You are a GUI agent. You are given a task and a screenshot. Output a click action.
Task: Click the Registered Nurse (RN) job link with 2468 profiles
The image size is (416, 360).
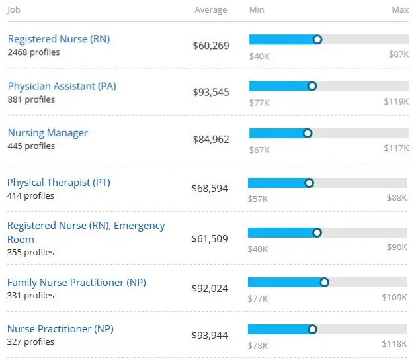pos(59,39)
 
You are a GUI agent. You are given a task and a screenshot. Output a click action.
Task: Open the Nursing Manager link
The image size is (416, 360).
pos(48,133)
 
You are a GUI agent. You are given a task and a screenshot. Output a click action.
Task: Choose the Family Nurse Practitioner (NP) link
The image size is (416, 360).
pos(76,283)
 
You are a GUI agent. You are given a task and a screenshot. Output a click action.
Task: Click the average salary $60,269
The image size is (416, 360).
pos(211,46)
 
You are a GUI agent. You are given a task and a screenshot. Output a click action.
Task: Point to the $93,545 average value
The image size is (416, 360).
pos(211,92)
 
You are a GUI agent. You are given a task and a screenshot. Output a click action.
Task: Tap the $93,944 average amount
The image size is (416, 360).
pos(210,336)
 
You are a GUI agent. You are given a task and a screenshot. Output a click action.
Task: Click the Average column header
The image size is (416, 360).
pos(210,10)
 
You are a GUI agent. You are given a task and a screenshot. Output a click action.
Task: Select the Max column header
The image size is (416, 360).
pos(399,10)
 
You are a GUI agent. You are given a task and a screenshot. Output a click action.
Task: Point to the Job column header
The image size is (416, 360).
pos(14,10)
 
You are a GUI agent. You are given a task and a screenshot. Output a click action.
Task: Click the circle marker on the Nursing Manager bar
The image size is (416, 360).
pos(308,133)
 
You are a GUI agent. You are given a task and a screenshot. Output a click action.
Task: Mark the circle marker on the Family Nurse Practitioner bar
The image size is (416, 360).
pos(324,283)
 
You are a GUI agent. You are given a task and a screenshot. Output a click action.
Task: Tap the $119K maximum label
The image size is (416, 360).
pos(397,102)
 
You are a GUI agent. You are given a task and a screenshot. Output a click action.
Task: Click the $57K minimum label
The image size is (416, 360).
pos(258,198)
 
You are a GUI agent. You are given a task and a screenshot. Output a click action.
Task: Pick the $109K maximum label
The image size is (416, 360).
pos(395,298)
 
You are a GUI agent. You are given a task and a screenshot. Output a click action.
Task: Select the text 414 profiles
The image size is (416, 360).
pos(30,196)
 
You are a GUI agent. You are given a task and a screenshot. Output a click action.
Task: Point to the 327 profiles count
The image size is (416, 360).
pos(30,342)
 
